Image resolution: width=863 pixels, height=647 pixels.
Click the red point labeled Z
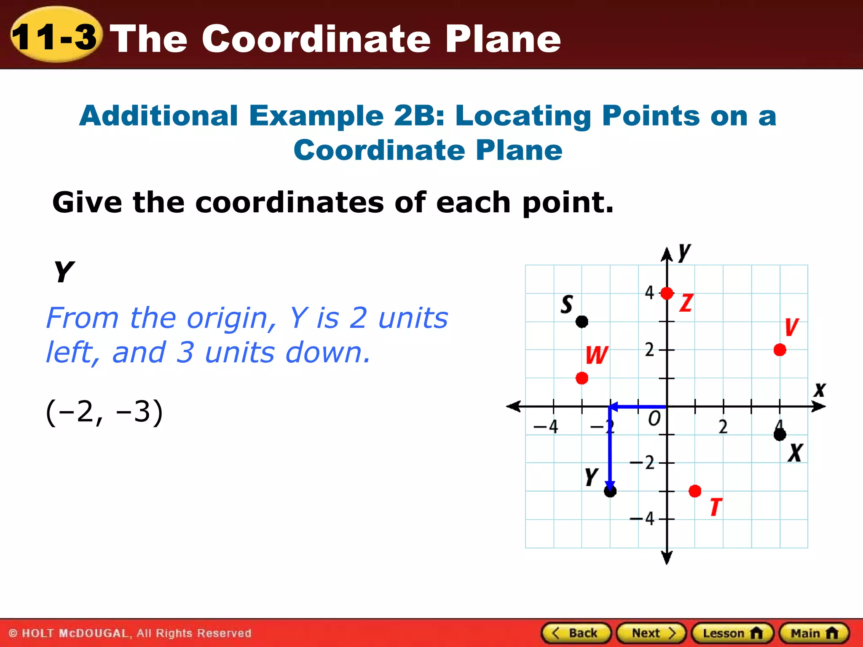(x=667, y=293)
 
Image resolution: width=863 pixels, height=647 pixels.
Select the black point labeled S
(x=582, y=322)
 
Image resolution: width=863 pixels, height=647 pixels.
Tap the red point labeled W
(x=582, y=378)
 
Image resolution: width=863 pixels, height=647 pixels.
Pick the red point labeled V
(x=780, y=350)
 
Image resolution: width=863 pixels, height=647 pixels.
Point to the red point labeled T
(x=695, y=491)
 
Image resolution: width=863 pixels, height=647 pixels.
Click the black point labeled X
(x=780, y=435)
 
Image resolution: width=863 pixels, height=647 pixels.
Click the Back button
(x=576, y=633)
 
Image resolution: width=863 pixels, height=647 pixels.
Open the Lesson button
(x=732, y=633)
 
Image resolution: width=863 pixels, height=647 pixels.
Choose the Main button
(x=814, y=633)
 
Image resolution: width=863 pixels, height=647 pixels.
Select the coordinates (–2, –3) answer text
(x=104, y=412)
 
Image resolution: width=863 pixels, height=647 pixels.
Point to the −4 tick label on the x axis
(x=546, y=427)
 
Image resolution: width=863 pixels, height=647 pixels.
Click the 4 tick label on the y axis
(x=649, y=292)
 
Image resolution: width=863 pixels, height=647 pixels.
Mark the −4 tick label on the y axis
(x=643, y=519)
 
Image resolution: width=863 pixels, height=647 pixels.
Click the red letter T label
(x=716, y=507)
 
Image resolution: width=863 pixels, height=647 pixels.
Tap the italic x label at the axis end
(x=820, y=390)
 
